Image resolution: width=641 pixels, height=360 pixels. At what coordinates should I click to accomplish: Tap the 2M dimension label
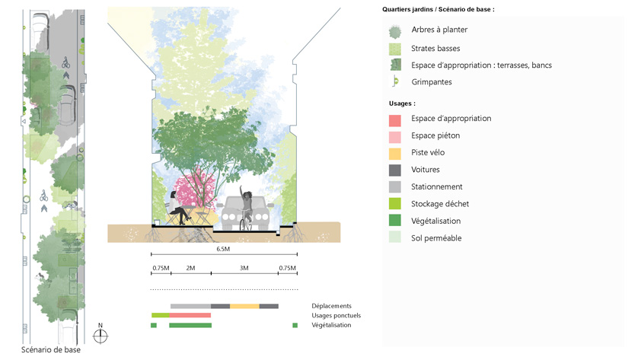pyautogui.click(x=190, y=268)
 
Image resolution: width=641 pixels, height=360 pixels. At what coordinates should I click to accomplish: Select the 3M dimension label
pyautogui.click(x=244, y=268)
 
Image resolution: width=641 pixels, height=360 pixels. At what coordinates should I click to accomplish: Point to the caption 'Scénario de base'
pyautogui.click(x=51, y=350)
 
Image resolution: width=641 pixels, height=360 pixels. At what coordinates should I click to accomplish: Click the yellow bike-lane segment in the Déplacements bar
pyautogui.click(x=244, y=306)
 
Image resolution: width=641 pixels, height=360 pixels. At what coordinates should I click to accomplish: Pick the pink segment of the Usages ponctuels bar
pyautogui.click(x=190, y=315)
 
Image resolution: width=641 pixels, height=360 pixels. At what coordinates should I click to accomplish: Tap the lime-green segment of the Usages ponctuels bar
pyautogui.click(x=160, y=315)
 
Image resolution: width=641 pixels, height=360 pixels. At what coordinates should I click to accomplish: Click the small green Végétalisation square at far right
pyautogui.click(x=295, y=325)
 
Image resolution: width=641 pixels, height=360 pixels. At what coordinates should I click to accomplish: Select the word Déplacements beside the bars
pyautogui.click(x=331, y=306)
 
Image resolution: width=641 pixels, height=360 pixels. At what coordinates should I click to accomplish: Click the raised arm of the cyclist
pyautogui.click(x=241, y=190)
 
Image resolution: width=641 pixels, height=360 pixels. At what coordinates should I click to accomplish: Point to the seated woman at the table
pyautogui.click(x=176, y=205)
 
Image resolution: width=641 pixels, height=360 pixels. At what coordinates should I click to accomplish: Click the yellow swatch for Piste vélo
pyautogui.click(x=395, y=153)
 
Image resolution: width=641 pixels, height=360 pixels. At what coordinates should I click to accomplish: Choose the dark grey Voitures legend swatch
pyautogui.click(x=395, y=170)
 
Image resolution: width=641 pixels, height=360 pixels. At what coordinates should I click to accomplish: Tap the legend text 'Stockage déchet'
pyautogui.click(x=440, y=204)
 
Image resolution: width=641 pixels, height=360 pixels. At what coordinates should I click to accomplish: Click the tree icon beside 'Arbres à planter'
pyautogui.click(x=395, y=31)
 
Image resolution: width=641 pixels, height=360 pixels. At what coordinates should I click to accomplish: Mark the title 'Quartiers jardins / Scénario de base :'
pyautogui.click(x=438, y=9)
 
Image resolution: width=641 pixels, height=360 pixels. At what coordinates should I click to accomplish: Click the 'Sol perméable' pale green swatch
pyautogui.click(x=395, y=238)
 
